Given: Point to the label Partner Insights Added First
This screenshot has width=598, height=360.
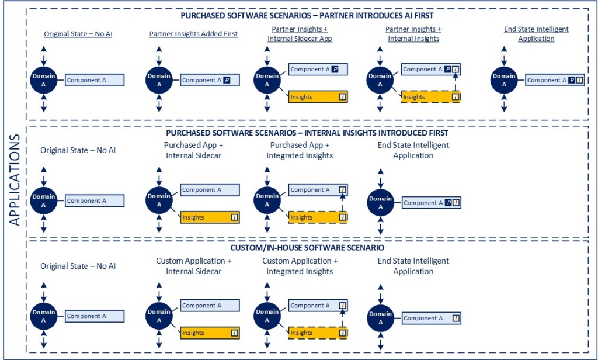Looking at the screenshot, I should pyautogui.click(x=193, y=34).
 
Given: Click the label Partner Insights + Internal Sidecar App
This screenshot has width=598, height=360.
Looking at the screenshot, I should pyautogui.click(x=300, y=34).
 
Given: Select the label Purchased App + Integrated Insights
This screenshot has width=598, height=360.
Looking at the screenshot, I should pyautogui.click(x=300, y=150).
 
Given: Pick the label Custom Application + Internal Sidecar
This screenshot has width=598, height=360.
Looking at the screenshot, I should pyautogui.click(x=193, y=266).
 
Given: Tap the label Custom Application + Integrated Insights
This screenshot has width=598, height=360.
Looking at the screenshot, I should pyautogui.click(x=300, y=266).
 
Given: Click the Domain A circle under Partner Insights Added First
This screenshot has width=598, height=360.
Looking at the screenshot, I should pyautogui.click(x=159, y=80).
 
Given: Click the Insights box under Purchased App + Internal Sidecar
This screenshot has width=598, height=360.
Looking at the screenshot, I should pyautogui.click(x=210, y=217).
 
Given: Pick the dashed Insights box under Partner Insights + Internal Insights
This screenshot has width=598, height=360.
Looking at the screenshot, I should pyautogui.click(x=430, y=96).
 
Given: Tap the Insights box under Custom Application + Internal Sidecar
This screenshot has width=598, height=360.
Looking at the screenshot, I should pyautogui.click(x=210, y=333).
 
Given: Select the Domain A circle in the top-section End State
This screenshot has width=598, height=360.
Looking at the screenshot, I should pyautogui.click(x=503, y=80).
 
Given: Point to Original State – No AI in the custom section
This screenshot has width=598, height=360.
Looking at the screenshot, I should pyautogui.click(x=78, y=266).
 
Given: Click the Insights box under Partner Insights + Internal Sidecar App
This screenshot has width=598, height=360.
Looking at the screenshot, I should pyautogui.click(x=318, y=96).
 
